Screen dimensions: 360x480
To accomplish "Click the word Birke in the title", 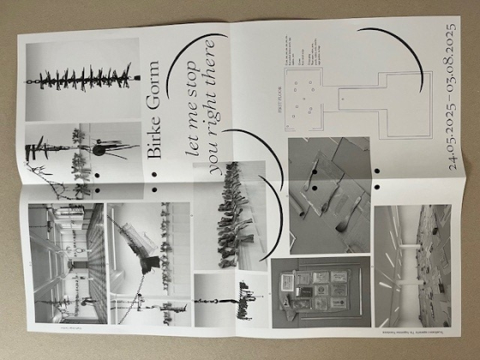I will [154, 141].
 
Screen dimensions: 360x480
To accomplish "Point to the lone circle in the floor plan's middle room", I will [342, 96].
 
